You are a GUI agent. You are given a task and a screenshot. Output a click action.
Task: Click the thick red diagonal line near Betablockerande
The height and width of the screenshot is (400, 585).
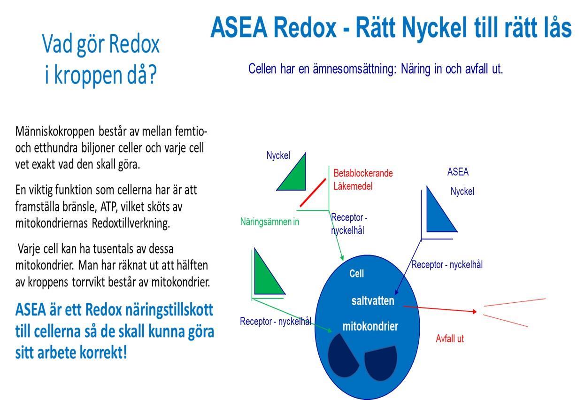click(313, 192)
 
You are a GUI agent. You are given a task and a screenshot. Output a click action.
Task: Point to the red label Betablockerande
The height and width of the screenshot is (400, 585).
click(363, 173)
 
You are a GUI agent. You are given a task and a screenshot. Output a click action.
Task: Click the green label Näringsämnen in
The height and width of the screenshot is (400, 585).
click(269, 222)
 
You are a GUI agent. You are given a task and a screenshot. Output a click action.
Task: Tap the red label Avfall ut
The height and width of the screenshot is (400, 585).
click(450, 338)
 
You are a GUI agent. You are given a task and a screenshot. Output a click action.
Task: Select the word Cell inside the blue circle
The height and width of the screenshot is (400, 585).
click(356, 273)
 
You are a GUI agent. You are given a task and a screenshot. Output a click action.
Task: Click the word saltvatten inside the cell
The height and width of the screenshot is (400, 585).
click(373, 301)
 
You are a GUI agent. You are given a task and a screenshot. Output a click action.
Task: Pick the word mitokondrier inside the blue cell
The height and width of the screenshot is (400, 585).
click(370, 326)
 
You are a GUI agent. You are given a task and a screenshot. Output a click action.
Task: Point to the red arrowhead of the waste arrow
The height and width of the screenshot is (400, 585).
click(475, 311)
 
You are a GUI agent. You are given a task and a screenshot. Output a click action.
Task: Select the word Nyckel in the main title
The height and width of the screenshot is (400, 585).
click(434, 28)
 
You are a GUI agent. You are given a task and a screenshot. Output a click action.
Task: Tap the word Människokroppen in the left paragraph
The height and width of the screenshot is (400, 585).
click(54, 131)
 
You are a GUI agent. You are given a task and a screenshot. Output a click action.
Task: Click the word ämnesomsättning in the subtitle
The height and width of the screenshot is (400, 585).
click(354, 69)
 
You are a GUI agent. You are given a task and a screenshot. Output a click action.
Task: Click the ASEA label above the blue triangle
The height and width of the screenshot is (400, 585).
click(458, 172)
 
